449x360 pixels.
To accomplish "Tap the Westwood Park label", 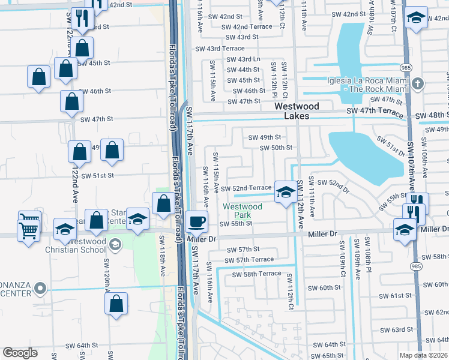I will pos(243,211).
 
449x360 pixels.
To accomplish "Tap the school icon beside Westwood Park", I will pos(286,193).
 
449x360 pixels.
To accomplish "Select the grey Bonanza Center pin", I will pos(40,289).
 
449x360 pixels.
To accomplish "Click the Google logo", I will pos(20,353).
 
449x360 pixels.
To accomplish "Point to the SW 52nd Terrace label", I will pos(246,188).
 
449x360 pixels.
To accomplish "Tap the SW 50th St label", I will pos(276,148).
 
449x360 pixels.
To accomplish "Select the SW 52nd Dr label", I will pos(333,185).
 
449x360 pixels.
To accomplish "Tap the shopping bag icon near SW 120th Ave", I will pos(116,304).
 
